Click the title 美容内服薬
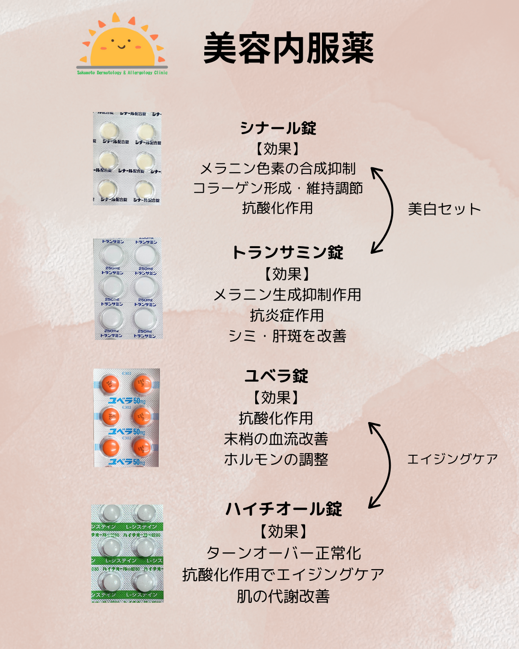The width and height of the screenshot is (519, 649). click(288, 48)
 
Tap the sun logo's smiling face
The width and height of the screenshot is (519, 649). click(122, 46)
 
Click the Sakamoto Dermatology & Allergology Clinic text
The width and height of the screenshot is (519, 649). click(122, 73)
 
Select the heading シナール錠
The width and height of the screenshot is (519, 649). click(278, 128)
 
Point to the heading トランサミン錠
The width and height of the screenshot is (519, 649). click(287, 252)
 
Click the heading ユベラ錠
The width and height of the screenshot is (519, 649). click(276, 375)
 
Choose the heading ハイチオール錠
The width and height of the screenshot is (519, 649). click(284, 509)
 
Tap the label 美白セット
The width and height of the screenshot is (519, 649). click(444, 209)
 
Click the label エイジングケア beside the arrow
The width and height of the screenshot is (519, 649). click(452, 459)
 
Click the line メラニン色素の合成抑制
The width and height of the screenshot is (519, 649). click(278, 168)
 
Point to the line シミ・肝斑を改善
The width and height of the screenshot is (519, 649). click(287, 336)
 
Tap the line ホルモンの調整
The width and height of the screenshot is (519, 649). click(276, 459)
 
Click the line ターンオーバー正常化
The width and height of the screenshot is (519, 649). click(284, 553)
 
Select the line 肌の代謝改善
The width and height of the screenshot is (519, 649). click(283, 596)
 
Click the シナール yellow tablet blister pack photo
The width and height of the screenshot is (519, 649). click(127, 158)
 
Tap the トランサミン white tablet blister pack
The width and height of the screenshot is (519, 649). click(128, 289)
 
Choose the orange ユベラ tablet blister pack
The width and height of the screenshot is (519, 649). click(127, 418)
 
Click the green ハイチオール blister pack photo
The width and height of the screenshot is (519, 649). click(127, 553)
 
